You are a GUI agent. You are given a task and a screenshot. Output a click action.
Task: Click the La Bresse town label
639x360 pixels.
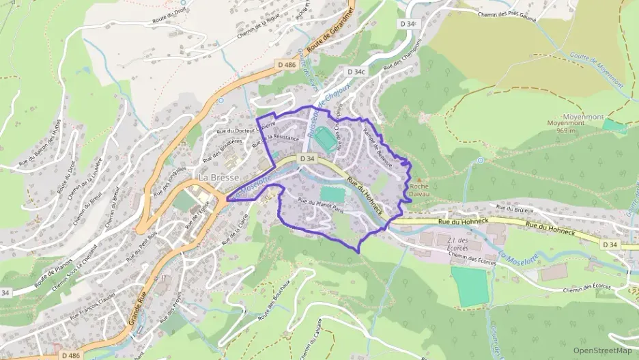click(218, 177)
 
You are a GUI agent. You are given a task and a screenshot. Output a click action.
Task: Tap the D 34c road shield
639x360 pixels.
click(356, 71)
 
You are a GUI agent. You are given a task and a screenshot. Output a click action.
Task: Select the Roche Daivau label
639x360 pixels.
click(419, 189)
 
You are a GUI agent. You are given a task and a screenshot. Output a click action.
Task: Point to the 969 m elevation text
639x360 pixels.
click(568, 130)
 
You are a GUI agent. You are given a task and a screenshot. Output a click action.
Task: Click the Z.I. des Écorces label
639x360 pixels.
click(456, 244)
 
